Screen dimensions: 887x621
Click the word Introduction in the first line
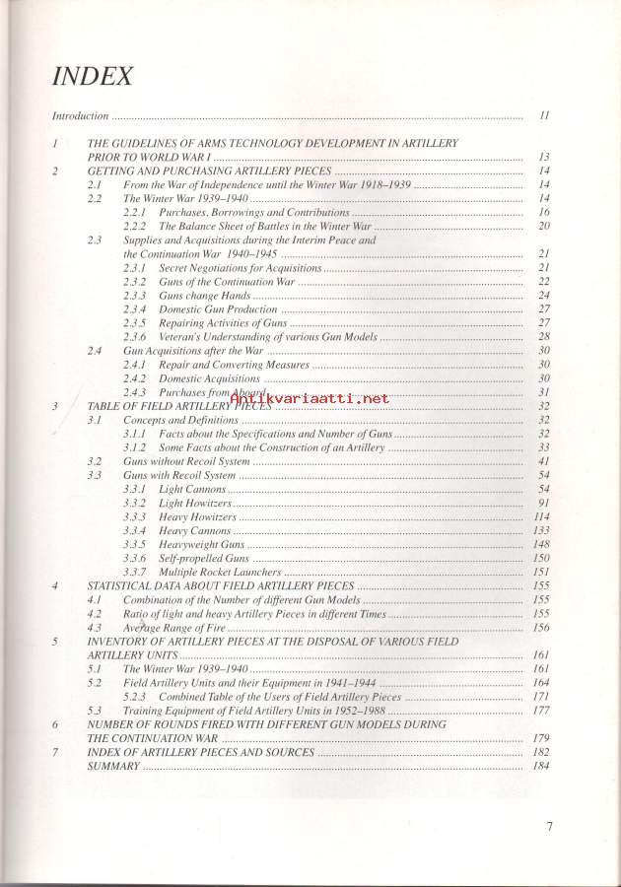79,116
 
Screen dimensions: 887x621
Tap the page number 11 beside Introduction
544,116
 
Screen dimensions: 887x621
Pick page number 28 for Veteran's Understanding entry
543,337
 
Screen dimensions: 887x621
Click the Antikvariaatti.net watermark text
309,398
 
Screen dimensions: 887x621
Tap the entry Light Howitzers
195,503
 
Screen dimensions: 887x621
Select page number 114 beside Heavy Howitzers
541,516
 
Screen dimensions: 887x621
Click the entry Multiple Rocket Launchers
220,572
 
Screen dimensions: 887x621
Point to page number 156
541,627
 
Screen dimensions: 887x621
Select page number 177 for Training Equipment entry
541,710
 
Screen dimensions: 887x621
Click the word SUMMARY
113,766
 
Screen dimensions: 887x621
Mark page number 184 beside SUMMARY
541,766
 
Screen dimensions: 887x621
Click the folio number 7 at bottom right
549,826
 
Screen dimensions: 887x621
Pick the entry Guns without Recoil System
186,461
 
